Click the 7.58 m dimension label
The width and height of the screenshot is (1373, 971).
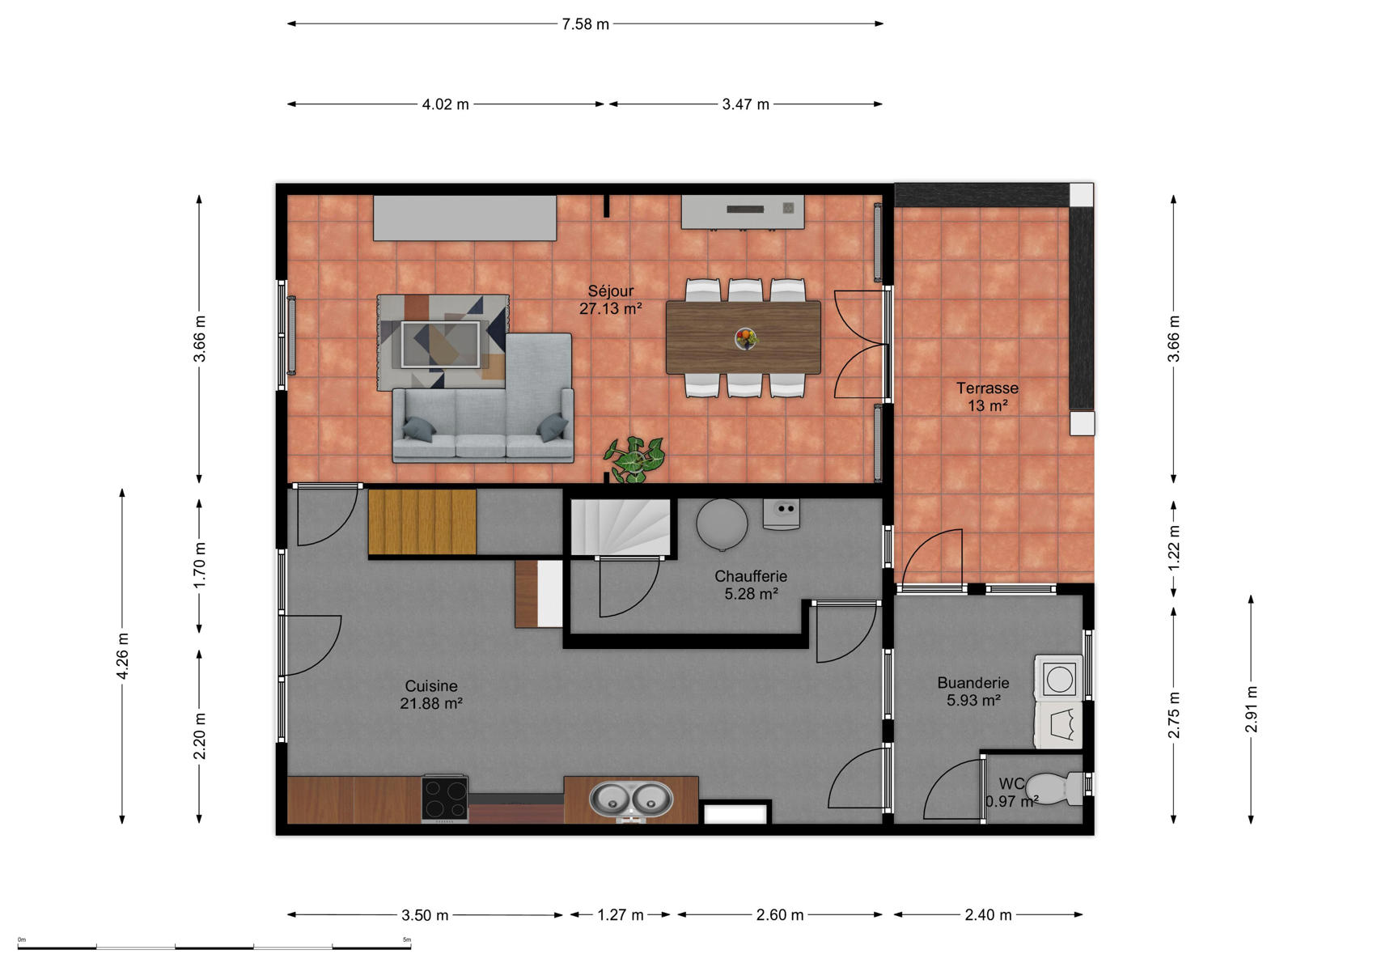tap(585, 24)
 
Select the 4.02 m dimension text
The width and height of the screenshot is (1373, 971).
tap(446, 104)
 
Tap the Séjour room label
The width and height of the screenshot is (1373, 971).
tap(611, 291)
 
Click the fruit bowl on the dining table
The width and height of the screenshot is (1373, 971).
tap(746, 337)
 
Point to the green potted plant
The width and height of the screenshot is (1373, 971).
tap(634, 459)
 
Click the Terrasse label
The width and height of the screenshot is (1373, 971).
tap(987, 388)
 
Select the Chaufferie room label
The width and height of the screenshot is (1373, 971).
tap(751, 576)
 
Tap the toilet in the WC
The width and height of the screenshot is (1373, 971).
tap(1053, 788)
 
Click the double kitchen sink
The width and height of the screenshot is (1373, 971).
tap(631, 799)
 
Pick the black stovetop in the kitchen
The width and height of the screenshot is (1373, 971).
tap(445, 798)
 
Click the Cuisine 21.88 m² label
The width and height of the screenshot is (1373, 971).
tap(431, 694)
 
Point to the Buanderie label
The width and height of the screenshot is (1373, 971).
tap(973, 683)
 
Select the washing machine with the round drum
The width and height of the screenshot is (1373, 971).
tap(1058, 678)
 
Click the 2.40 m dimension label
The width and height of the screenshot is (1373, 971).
tap(988, 914)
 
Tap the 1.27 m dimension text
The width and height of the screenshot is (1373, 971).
tap(621, 914)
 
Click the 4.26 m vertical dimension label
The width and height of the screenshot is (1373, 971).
tap(123, 656)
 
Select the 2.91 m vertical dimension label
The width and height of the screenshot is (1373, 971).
tap(1251, 710)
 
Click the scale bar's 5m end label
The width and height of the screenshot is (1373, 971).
tap(407, 939)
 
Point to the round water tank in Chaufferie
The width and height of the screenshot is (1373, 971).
tap(722, 524)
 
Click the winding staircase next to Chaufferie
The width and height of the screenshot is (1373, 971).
tap(621, 528)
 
